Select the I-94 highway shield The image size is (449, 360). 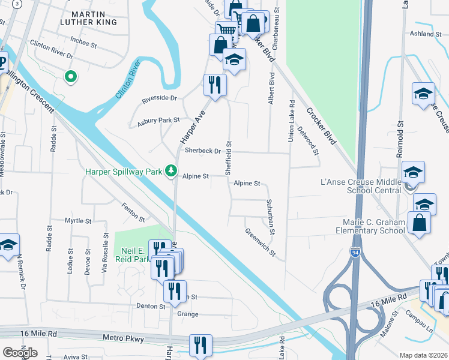[x=356, y=251]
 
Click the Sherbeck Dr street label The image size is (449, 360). [x=203, y=151]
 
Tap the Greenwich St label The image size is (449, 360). [x=259, y=242]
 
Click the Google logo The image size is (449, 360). [x=20, y=352]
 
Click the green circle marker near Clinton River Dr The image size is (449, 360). [x=70, y=76]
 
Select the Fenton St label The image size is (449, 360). [x=133, y=212]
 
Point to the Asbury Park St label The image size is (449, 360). [x=158, y=121]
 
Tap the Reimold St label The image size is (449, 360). [x=399, y=143]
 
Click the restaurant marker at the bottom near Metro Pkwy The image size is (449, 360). [x=200, y=345]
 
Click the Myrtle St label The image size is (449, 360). [x=77, y=221]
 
